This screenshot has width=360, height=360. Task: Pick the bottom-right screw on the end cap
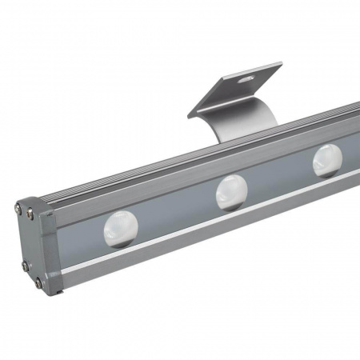pyautogui.click(x=37, y=281)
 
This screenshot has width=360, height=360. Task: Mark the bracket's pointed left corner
pyautogui.click(x=189, y=116)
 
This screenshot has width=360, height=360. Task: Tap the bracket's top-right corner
pyautogui.click(x=282, y=64)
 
